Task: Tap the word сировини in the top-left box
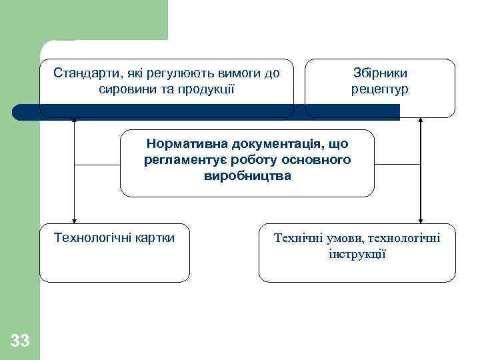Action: coord(123,88)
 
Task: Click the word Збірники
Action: coord(380,73)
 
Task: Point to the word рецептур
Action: coord(380,89)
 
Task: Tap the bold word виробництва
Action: coord(247,176)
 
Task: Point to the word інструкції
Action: coord(357,254)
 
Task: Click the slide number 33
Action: coord(20,341)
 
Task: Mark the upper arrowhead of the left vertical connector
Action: coord(75,121)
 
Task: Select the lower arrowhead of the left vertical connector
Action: coord(75,220)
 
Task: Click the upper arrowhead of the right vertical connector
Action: coord(420,121)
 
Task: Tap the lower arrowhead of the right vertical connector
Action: coord(420,220)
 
